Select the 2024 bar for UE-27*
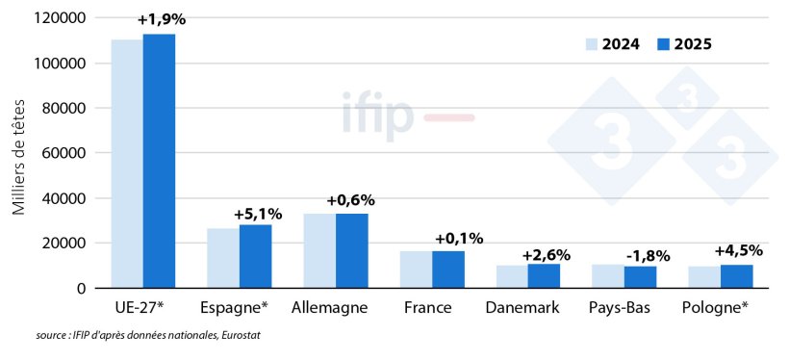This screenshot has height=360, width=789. (x=127, y=164)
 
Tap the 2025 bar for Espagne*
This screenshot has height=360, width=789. (x=255, y=256)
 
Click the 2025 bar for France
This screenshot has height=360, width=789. (x=447, y=270)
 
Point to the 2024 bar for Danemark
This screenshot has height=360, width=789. (x=512, y=276)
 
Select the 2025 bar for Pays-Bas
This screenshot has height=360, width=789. (x=640, y=276)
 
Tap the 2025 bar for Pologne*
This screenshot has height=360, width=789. (x=736, y=276)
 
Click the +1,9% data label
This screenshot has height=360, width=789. (x=162, y=20)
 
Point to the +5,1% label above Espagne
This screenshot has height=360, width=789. (x=258, y=214)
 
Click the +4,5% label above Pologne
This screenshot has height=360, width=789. (x=739, y=250)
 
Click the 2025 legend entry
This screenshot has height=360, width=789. (x=684, y=44)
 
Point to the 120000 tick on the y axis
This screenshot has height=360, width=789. (x=60, y=18)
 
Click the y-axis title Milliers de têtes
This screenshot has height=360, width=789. (x=20, y=154)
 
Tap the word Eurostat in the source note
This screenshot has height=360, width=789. (x=239, y=335)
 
